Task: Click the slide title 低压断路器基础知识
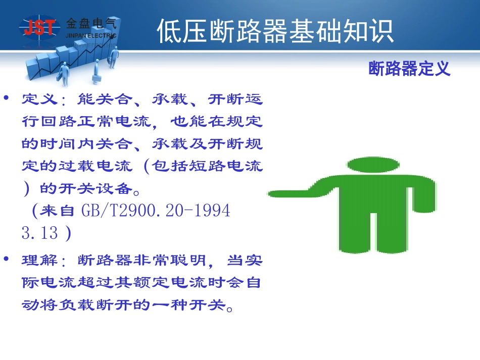click(275, 32)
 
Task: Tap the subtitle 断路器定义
click(409, 68)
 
